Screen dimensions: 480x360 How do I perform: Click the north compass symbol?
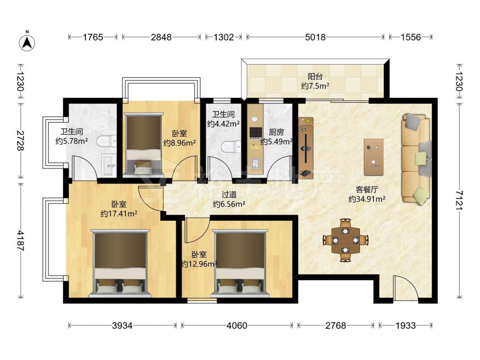(x=27, y=42)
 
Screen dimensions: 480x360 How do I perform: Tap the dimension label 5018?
(x=315, y=37)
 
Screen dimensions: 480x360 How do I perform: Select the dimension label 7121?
(x=459, y=200)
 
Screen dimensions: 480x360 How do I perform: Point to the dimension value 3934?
(x=122, y=325)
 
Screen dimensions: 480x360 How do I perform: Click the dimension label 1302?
(x=224, y=37)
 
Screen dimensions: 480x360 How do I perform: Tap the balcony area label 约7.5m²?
(x=315, y=86)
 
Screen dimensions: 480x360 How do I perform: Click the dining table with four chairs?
(x=346, y=240)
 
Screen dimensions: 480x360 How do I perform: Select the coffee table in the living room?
(x=373, y=157)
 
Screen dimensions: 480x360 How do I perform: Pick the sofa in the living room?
(x=416, y=158)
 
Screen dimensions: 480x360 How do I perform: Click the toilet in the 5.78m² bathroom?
(x=107, y=141)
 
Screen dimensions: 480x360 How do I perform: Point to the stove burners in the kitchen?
(x=256, y=132)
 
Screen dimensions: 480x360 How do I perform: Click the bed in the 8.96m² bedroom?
(x=144, y=144)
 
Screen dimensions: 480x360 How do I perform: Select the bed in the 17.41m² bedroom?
(x=120, y=263)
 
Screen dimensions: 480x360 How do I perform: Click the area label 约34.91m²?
(x=367, y=199)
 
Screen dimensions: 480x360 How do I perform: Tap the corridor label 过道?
(x=229, y=194)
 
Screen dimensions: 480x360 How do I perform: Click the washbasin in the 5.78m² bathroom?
(x=108, y=165)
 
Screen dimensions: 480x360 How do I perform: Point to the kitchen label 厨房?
(x=276, y=132)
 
